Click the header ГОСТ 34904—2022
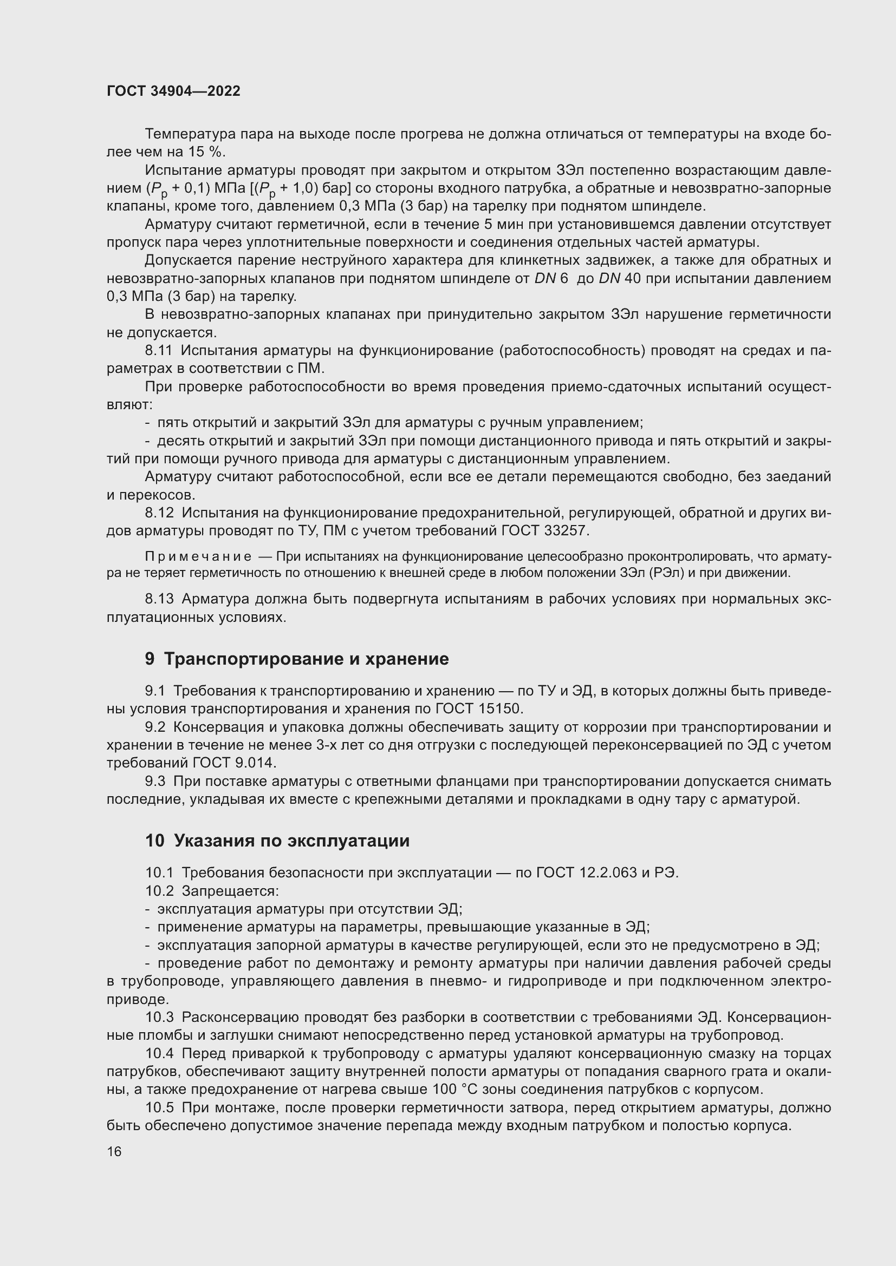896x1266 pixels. (173, 91)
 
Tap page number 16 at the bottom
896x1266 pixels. (114, 1151)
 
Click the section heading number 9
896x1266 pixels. (150, 659)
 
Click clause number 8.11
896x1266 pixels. (159, 351)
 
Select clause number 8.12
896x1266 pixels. (159, 513)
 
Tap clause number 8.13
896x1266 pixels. (159, 599)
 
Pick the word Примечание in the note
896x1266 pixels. (198, 556)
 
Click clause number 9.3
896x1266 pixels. (155, 782)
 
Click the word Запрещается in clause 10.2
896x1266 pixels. (230, 891)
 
